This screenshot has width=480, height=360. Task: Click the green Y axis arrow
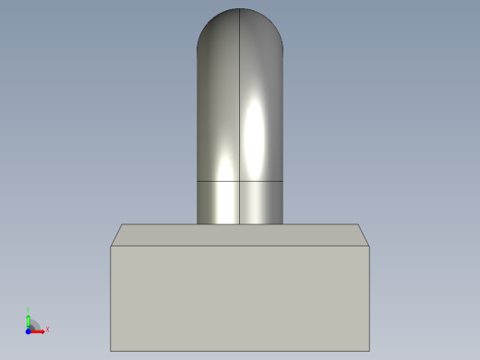click(29, 318)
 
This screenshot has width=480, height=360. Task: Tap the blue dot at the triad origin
click(29, 330)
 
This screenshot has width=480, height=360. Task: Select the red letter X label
click(47, 329)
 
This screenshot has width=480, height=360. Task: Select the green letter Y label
click(29, 310)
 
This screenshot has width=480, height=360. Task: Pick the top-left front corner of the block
click(111, 246)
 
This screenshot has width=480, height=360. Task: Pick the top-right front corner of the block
click(369, 246)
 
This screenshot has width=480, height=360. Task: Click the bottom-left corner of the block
click(111, 351)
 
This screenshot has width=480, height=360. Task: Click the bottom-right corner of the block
click(369, 351)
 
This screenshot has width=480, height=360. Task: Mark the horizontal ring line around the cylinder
click(217, 181)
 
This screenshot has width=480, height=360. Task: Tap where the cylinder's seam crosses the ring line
click(240, 181)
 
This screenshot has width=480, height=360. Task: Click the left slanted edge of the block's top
click(116, 235)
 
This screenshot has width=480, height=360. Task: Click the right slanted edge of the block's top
click(364, 235)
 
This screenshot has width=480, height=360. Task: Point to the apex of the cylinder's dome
click(240, 9)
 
